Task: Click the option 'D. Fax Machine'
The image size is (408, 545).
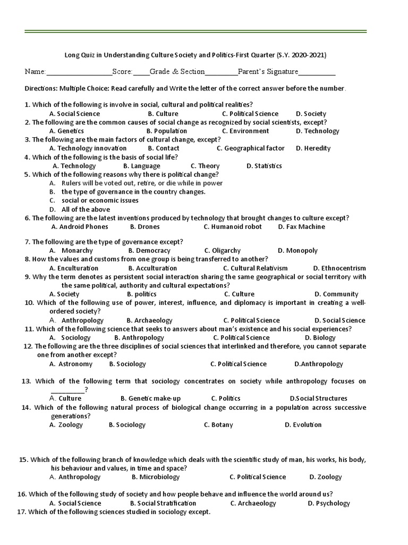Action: point(301,227)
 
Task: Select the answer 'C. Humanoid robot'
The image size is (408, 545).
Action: point(233,227)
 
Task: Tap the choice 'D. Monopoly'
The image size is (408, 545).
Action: point(297,251)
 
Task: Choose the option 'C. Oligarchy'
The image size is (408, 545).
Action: point(222,251)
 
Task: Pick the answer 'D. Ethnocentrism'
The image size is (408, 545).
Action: point(339,268)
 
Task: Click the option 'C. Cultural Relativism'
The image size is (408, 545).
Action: point(255,268)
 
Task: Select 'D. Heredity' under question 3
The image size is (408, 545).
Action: point(313,148)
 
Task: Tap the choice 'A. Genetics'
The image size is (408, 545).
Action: point(66,131)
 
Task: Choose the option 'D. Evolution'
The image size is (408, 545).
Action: point(303,425)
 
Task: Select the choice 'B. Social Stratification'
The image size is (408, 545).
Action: point(163,503)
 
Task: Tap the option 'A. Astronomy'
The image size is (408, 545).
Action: point(71,364)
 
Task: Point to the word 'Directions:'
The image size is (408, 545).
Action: point(41,88)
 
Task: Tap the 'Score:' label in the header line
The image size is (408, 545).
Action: point(122,72)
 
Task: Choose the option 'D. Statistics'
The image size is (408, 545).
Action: point(264,166)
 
